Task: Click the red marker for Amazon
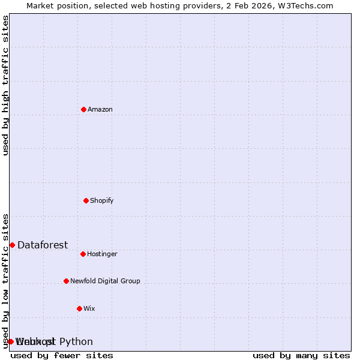click(83, 109)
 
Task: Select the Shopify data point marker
click(86, 200)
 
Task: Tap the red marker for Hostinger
click(83, 254)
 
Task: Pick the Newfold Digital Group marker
click(66, 281)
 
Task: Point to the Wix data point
click(79, 308)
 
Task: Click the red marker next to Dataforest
click(12, 245)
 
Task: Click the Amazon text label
click(100, 109)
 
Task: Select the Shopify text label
click(102, 200)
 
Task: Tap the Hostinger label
click(102, 254)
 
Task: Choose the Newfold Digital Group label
click(105, 281)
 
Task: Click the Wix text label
click(89, 308)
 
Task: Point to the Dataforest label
click(43, 245)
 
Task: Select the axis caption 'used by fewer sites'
click(62, 355)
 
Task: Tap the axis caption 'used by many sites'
click(301, 355)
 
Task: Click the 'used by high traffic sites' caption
click(5, 85)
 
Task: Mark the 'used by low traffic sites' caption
click(5, 281)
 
